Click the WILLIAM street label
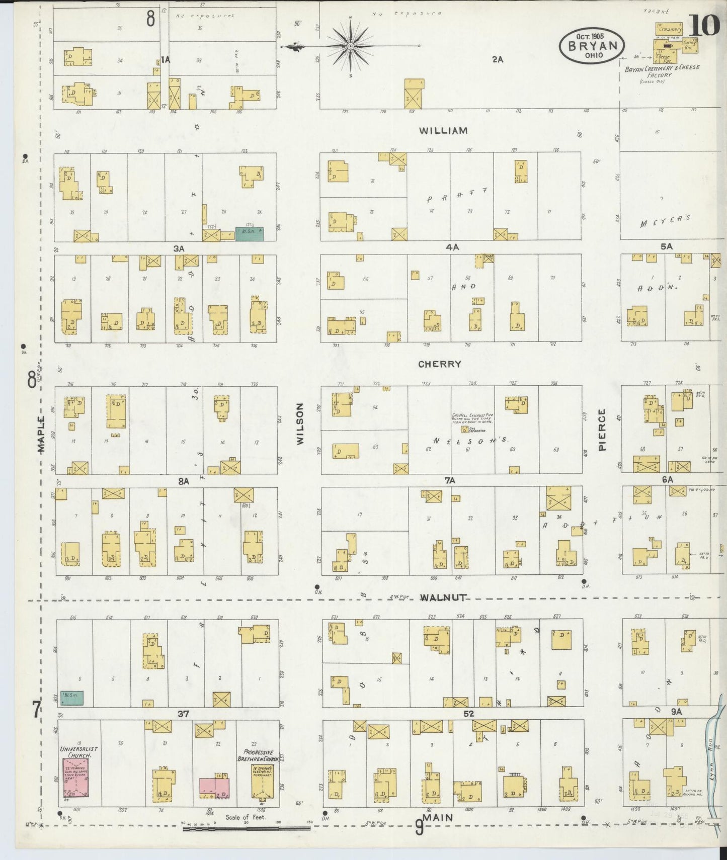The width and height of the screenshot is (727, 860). pyautogui.click(x=443, y=131)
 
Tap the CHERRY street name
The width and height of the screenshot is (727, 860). pyautogui.click(x=439, y=364)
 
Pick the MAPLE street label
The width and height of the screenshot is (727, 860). pyautogui.click(x=41, y=434)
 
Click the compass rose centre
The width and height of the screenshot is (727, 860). pyautogui.click(x=350, y=46)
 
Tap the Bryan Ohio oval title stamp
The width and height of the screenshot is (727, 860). pyautogui.click(x=592, y=45)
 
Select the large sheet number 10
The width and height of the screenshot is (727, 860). pyautogui.click(x=704, y=25)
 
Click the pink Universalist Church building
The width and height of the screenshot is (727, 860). pyautogui.click(x=75, y=778)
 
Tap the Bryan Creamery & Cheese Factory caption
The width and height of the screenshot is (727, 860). pyautogui.click(x=662, y=71)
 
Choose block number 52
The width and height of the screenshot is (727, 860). pyautogui.click(x=469, y=713)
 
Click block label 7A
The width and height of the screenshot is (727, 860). pyautogui.click(x=449, y=481)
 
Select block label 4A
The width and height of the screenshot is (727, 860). pyautogui.click(x=452, y=247)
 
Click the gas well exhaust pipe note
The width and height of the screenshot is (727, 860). pyautogui.click(x=472, y=418)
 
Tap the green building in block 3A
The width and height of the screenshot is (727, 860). pyautogui.click(x=250, y=232)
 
